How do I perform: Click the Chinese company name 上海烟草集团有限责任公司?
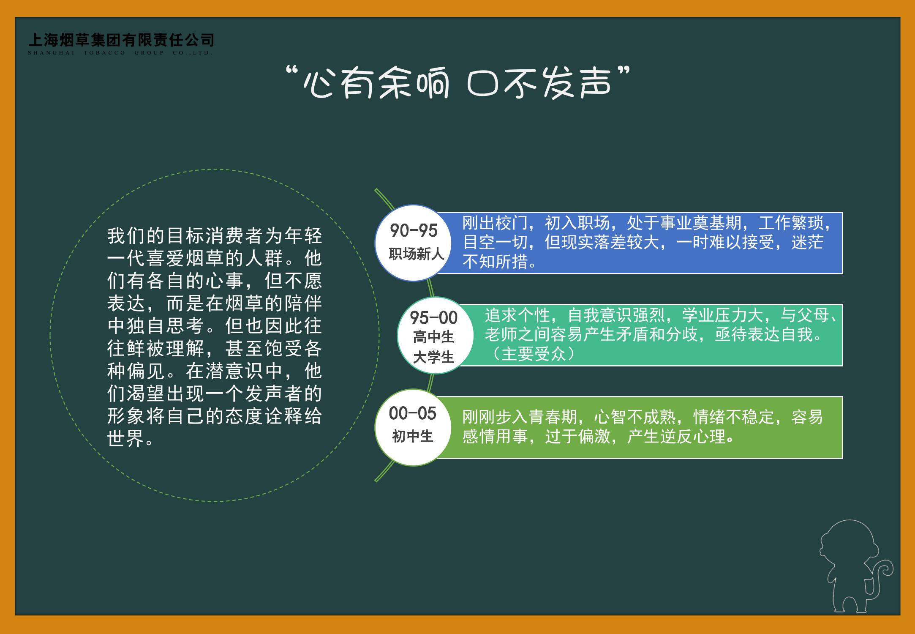(121, 40)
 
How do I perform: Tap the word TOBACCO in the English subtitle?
(105, 53)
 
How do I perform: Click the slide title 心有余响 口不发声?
(458, 82)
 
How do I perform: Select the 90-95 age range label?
(414, 231)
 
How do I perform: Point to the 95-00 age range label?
(434, 318)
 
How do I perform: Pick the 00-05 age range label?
(413, 413)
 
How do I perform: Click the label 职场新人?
(417, 254)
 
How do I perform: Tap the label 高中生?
(434, 337)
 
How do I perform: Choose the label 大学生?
(434, 358)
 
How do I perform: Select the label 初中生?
(413, 436)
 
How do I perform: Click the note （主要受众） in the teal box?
(534, 354)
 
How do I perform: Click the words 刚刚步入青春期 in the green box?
(520, 417)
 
